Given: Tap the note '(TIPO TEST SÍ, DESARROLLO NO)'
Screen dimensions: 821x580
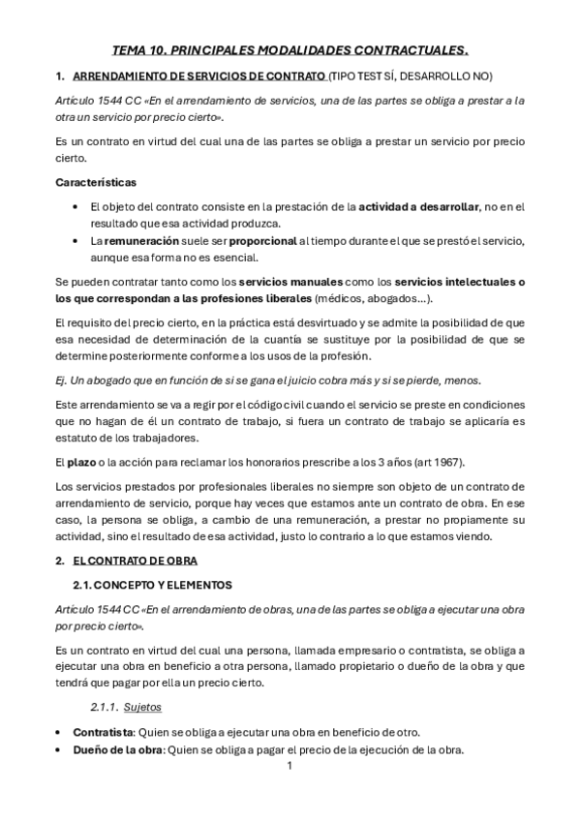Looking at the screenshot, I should coord(410,76).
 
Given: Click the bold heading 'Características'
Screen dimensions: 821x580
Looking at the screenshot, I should coord(96,182).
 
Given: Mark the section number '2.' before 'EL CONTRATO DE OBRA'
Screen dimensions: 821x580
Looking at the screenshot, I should coord(60,561).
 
